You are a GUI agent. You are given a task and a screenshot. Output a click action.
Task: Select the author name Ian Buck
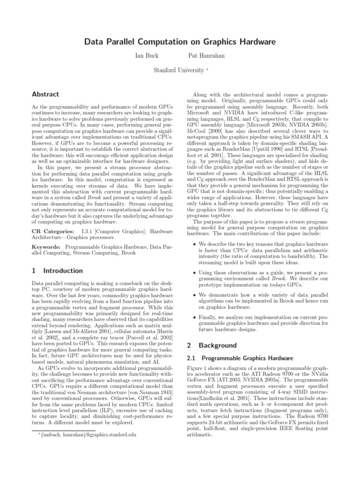click(146, 56)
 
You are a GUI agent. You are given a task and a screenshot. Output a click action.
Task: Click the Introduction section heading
click(63, 270)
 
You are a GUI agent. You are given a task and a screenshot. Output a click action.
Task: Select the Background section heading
click(212, 345)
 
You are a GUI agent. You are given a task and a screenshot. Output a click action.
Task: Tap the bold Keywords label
click(46, 246)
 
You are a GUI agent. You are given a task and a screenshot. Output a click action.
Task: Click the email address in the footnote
click(87, 435)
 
